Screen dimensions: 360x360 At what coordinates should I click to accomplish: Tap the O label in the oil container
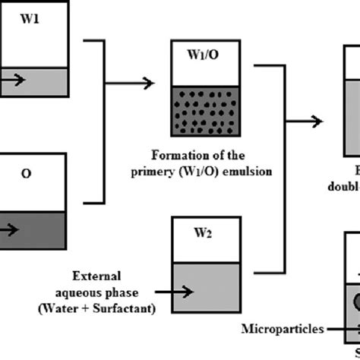(x=26, y=173)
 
